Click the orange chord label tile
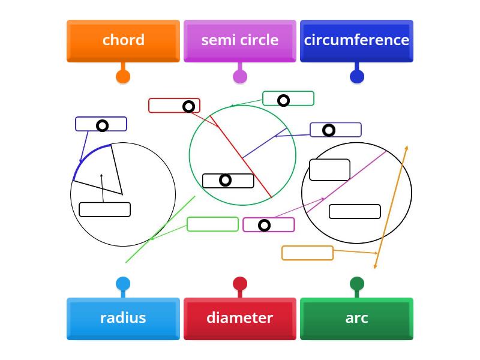click(123, 40)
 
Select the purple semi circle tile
click(240, 40)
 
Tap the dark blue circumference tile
click(356, 40)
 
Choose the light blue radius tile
click(123, 318)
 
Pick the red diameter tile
click(240, 318)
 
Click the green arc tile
click(356, 318)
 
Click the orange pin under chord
click(123, 76)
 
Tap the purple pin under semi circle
click(240, 76)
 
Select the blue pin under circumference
click(357, 76)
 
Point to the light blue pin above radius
click(123, 284)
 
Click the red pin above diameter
click(240, 284)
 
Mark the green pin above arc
click(357, 284)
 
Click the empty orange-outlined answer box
click(307, 253)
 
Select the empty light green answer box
click(212, 224)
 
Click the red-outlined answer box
click(174, 106)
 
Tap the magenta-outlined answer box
click(269, 225)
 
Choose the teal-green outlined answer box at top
click(288, 98)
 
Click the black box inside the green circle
click(228, 181)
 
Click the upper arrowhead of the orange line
click(407, 147)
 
